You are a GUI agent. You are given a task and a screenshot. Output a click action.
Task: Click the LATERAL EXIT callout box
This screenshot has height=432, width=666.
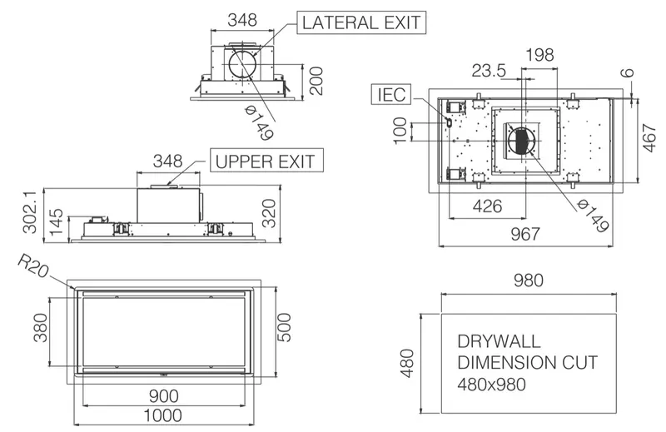click(361, 22)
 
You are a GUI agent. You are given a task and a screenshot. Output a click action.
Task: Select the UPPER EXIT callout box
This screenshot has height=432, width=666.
click(266, 160)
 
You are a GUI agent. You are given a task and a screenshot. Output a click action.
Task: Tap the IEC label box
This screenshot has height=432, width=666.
click(391, 94)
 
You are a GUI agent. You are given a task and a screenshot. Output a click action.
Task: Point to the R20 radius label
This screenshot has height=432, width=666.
click(32, 266)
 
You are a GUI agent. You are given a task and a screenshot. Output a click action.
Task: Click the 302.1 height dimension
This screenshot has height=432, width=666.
click(30, 211)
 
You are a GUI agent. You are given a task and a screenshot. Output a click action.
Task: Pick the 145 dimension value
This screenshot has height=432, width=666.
click(56, 221)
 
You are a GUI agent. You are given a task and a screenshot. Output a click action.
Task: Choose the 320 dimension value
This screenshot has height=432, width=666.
click(268, 213)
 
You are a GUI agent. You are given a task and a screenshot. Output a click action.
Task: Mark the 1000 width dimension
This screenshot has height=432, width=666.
click(163, 415)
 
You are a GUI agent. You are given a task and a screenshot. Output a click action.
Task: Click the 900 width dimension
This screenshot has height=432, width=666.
click(163, 396)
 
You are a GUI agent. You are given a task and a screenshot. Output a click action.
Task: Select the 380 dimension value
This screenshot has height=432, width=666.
click(40, 327)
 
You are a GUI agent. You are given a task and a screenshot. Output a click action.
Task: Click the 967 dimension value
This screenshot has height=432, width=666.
click(525, 234)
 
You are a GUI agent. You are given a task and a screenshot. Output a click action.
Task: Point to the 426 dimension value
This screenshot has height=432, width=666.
click(488, 206)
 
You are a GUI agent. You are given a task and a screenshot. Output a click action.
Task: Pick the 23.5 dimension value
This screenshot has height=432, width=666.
click(489, 71)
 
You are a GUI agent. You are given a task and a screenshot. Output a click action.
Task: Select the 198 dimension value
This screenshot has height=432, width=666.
click(539, 55)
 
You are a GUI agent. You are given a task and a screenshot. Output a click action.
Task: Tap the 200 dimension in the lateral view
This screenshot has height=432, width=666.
click(316, 81)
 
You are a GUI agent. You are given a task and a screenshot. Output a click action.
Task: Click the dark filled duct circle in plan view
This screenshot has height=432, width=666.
click(522, 141)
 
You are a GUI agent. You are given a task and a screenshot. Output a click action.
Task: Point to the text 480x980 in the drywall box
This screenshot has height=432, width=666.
click(492, 385)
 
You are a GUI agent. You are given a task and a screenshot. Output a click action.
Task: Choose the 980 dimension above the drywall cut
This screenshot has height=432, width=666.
click(529, 281)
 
